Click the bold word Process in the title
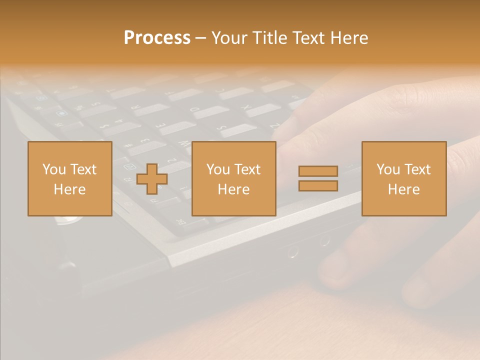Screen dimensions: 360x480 [157, 38]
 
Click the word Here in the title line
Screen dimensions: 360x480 [349, 38]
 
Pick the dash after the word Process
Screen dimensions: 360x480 [201, 38]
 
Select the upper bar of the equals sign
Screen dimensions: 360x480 [318, 171]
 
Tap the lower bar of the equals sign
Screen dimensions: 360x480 [318, 186]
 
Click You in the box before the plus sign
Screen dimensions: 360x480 [54, 169]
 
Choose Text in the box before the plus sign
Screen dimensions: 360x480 [83, 169]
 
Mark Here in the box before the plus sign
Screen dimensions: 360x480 [69, 189]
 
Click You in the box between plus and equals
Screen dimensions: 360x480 [218, 169]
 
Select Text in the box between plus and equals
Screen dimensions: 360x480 [247, 169]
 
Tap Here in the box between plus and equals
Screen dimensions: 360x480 [233, 189]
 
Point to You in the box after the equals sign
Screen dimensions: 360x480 [388, 169]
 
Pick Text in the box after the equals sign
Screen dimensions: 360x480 [417, 169]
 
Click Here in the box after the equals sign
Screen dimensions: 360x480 [403, 189]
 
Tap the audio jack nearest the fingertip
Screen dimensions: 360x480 [325, 241]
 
